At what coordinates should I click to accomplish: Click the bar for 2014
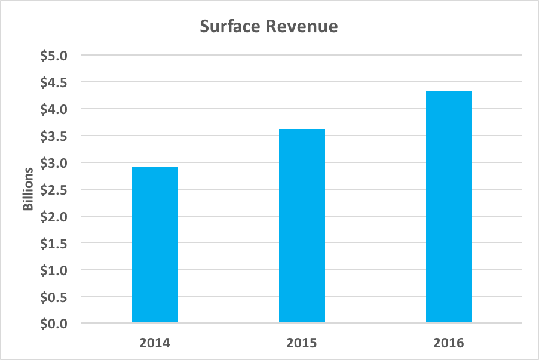click(155, 245)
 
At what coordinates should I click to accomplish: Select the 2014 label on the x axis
click(155, 343)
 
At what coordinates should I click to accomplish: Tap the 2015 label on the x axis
click(302, 343)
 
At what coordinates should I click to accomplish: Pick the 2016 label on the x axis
click(449, 343)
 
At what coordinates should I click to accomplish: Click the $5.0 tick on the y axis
click(55, 56)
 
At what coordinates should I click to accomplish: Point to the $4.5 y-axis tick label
click(55, 82)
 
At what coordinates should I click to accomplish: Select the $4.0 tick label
click(55, 109)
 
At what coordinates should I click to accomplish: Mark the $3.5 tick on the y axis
click(55, 136)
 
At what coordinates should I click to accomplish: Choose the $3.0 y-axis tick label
click(55, 163)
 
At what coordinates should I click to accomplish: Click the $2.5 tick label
click(55, 190)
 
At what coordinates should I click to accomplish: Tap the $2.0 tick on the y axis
click(55, 217)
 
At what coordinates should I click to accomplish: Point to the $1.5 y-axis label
click(55, 244)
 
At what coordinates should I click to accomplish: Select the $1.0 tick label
click(55, 270)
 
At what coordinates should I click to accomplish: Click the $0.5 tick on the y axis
click(55, 297)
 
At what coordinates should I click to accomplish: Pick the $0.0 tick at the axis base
click(55, 324)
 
